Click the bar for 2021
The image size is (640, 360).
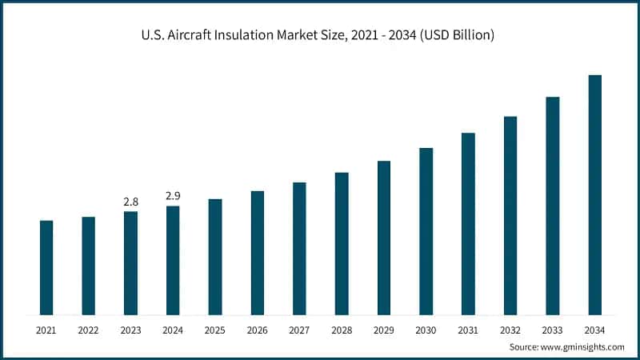(46, 267)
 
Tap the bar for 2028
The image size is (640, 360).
(342, 243)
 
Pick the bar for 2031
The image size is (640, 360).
(468, 223)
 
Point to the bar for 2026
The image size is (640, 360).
(257, 252)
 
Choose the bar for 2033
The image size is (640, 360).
(552, 206)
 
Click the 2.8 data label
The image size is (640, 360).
(130, 202)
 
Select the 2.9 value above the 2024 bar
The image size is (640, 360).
(173, 196)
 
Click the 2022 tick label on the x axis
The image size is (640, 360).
(88, 329)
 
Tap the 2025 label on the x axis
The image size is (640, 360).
(214, 329)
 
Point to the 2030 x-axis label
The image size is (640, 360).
(426, 329)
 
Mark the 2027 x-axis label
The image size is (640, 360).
(299, 329)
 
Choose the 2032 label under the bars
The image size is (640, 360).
(510, 329)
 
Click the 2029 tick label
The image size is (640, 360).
(383, 329)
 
